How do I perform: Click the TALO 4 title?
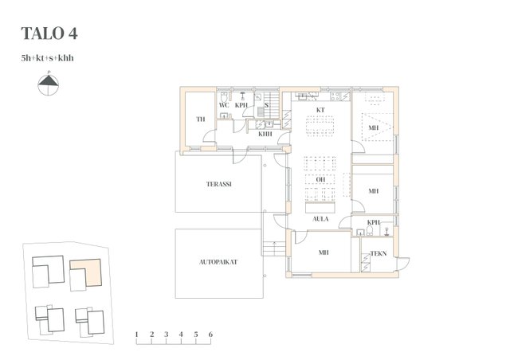pyautogui.click(x=49, y=33)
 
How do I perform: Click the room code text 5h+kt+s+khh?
pyautogui.click(x=48, y=58)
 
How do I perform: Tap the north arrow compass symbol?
pyautogui.click(x=49, y=84)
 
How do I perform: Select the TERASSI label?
pyautogui.click(x=219, y=184)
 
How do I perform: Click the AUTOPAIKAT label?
pyautogui.click(x=218, y=262)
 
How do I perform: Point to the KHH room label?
pyautogui.click(x=265, y=134)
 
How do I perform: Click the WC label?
pyautogui.click(x=224, y=105)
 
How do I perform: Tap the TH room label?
pyautogui.click(x=201, y=119)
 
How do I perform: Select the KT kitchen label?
pyautogui.click(x=320, y=110)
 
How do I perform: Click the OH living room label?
pyautogui.click(x=320, y=179)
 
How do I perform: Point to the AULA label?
pyautogui.click(x=320, y=219)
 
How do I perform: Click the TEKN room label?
pyautogui.click(x=379, y=253)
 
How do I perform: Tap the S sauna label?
pyautogui.click(x=266, y=105)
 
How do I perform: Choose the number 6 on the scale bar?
pyautogui.click(x=210, y=335)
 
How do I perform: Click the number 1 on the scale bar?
pyautogui.click(x=136, y=335)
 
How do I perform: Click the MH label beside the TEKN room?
pyautogui.click(x=324, y=252)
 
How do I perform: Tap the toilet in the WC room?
pyautogui.click(x=224, y=96)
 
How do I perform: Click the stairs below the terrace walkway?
pyautogui.click(x=274, y=248)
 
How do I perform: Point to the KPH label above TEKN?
pyautogui.click(x=374, y=222)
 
